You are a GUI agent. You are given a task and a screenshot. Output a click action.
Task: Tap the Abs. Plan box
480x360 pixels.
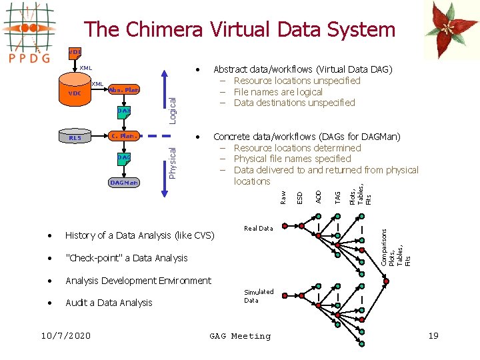pyautogui.click(x=125, y=90)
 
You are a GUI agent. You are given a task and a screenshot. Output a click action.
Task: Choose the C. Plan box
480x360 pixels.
pyautogui.click(x=124, y=137)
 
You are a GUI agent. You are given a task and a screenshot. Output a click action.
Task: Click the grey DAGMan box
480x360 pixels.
pyautogui.click(x=124, y=182)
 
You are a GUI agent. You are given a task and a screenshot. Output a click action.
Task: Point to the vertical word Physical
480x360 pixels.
pyautogui.click(x=172, y=162)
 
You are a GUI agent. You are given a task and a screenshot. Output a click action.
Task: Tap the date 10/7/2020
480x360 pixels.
pyautogui.click(x=66, y=335)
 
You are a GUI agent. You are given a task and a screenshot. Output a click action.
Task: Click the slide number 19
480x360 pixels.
pyautogui.click(x=433, y=335)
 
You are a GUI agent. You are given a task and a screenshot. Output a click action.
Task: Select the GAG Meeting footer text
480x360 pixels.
pyautogui.click(x=240, y=336)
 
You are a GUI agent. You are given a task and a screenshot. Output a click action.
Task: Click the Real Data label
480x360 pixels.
pyautogui.click(x=258, y=228)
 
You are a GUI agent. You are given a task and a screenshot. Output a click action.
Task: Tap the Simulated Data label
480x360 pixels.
pyautogui.click(x=258, y=296)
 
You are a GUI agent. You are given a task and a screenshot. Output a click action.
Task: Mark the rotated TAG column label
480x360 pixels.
pyautogui.click(x=338, y=197)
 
